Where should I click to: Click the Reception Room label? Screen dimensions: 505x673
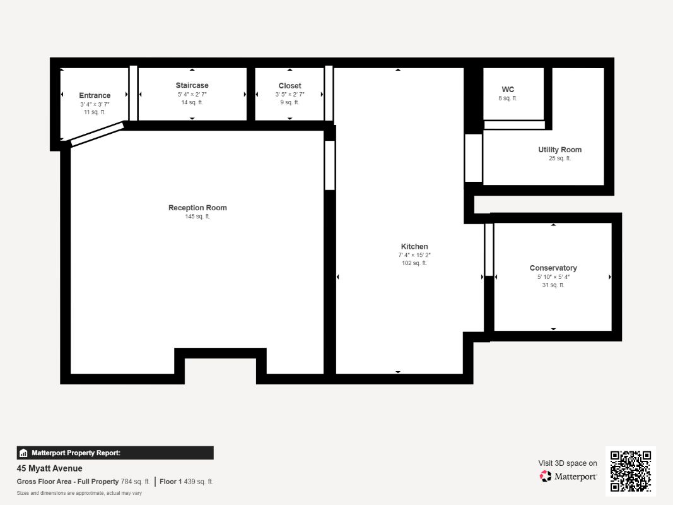pyautogui.click(x=197, y=208)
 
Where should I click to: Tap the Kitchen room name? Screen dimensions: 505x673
pyautogui.click(x=414, y=246)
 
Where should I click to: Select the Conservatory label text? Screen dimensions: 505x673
pyautogui.click(x=553, y=268)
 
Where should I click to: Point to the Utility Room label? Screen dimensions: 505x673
pyautogui.click(x=559, y=150)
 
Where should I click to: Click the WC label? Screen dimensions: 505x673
pyautogui.click(x=508, y=90)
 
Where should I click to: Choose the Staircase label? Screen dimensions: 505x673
pyautogui.click(x=192, y=85)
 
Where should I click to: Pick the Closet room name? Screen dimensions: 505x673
pyautogui.click(x=290, y=86)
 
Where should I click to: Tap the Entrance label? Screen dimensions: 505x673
pyautogui.click(x=95, y=95)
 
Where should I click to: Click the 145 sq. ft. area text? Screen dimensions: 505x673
pyautogui.click(x=197, y=217)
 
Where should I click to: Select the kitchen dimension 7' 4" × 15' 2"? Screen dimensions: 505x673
pyautogui.click(x=414, y=255)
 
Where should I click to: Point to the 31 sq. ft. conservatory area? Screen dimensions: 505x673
pyautogui.click(x=553, y=285)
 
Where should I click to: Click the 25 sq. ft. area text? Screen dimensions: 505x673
pyautogui.click(x=559, y=158)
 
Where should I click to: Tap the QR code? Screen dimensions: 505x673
pyautogui.click(x=630, y=471)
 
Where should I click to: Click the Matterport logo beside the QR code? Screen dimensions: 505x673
pyautogui.click(x=568, y=477)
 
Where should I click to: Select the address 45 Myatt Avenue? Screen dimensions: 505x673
pyautogui.click(x=49, y=468)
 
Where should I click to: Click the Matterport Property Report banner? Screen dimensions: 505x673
pyautogui.click(x=115, y=453)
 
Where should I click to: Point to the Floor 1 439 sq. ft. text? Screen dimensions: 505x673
pyautogui.click(x=186, y=482)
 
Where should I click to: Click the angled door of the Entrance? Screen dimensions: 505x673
pyautogui.click(x=97, y=134)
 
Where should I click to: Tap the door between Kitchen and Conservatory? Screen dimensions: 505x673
pyautogui.click(x=488, y=249)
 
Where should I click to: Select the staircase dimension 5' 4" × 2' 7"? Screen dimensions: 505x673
pyautogui.click(x=192, y=94)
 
